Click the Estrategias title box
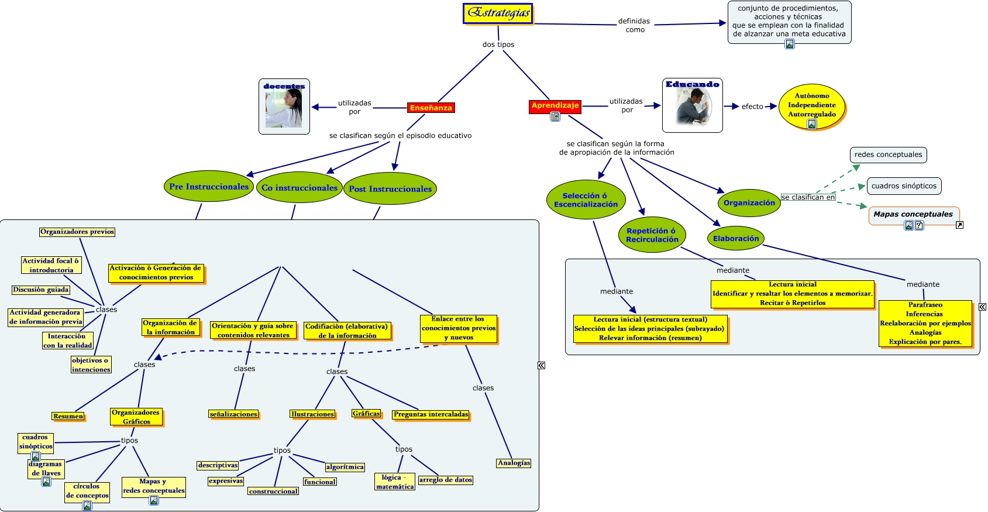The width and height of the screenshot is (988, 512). pos(498,13)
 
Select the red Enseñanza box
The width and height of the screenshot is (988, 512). pos(431,108)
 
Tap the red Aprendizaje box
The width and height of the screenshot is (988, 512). pos(555,105)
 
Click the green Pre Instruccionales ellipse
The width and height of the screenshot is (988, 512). pos(209,187)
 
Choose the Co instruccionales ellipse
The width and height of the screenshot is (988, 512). pos(300,188)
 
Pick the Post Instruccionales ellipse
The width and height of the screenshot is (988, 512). pos(390,189)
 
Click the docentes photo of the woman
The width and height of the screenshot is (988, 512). pos(284,109)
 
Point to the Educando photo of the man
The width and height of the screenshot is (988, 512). pos(693,108)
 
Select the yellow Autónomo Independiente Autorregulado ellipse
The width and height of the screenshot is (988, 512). pos(812,105)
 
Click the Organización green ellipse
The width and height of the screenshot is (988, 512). pos(749,203)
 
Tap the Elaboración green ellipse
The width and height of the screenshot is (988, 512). pos(736,239)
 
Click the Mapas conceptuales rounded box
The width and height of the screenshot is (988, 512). pos(913,214)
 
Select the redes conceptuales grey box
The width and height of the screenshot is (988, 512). pos(888,154)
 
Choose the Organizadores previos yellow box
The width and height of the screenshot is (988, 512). pos(77,232)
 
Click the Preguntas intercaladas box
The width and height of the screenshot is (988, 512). pos(431,414)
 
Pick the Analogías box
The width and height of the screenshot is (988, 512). pos(514,463)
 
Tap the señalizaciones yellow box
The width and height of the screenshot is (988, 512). pos(233,414)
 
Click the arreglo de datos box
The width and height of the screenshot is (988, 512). pos(446,480)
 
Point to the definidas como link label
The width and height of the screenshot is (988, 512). pos(634,25)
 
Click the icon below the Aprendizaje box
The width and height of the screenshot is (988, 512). pos(555,116)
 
